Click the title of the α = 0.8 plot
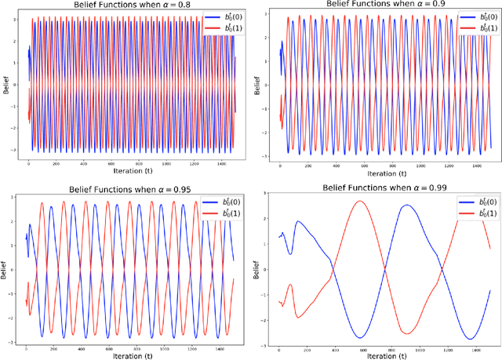(x=126, y=5)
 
